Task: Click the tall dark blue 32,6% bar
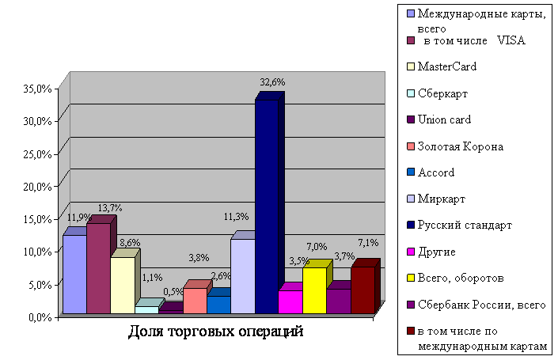(x=266, y=206)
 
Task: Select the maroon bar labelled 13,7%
(x=98, y=269)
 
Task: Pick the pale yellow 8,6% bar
(x=122, y=286)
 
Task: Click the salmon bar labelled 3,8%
(x=194, y=301)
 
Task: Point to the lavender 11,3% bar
(x=242, y=276)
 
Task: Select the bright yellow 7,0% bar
(x=314, y=290)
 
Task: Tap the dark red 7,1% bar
(x=362, y=290)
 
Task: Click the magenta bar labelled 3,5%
(x=290, y=301)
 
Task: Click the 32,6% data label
(x=272, y=81)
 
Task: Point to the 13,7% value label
(x=109, y=207)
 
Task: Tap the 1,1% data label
(x=151, y=277)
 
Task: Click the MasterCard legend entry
(x=447, y=66)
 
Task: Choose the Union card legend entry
(x=444, y=119)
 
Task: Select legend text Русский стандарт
(x=465, y=225)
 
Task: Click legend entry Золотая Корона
(x=461, y=146)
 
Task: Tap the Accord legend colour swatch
(x=410, y=172)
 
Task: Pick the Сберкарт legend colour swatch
(x=410, y=93)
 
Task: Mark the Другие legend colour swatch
(x=410, y=252)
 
